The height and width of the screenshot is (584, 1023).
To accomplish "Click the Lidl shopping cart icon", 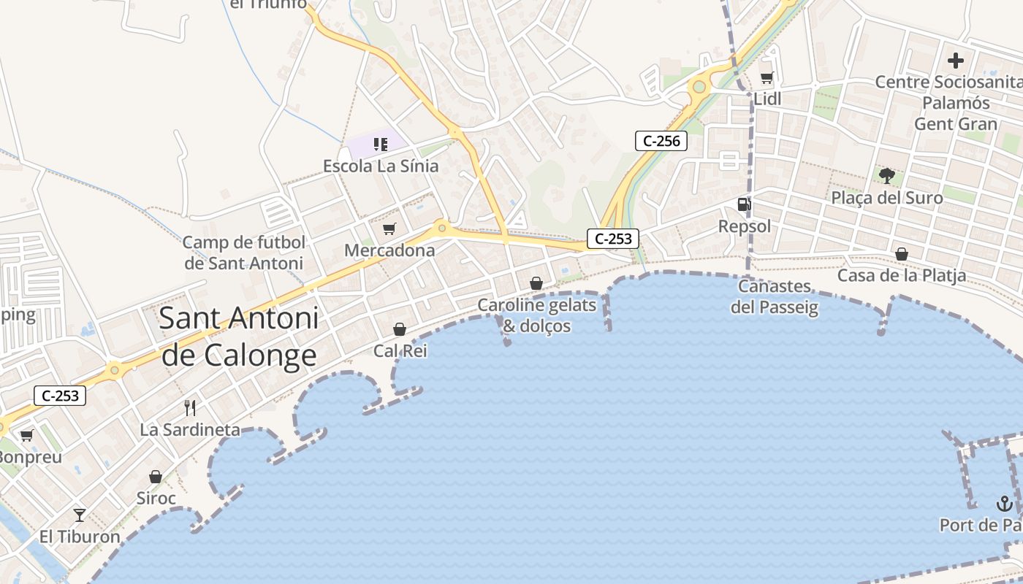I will point(767,77).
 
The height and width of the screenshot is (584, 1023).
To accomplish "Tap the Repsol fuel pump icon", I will point(744,204).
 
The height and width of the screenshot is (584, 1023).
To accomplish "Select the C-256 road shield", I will point(661,141).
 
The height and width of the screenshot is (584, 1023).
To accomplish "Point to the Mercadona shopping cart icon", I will point(389,229).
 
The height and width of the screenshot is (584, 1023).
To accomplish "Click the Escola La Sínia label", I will point(381,166).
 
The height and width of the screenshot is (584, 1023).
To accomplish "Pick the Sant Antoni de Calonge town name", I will point(239,336).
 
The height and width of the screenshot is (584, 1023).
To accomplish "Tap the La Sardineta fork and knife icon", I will point(190,407).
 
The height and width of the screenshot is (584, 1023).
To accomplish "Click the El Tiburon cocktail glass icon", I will point(80,515).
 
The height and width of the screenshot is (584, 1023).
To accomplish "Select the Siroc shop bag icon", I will point(156,477).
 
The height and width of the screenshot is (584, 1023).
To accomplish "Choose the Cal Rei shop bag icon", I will point(400,329).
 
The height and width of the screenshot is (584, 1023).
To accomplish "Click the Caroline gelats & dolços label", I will point(537,315).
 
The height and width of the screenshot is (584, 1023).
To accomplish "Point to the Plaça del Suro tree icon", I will point(887,175).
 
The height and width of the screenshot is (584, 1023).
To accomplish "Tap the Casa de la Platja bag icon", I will point(902,254).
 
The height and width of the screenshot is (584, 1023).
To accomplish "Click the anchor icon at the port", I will point(1004,503).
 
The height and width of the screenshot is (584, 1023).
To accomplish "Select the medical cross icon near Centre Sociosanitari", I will point(956,61).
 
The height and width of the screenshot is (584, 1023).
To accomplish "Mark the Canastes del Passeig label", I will point(775,296).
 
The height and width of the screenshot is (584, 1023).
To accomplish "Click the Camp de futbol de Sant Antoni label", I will point(243,253).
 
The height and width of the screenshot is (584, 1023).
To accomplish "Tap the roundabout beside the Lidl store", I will point(699,87).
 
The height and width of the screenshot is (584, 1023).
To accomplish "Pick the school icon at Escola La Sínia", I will point(381,144).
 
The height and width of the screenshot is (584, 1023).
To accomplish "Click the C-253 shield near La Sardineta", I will point(60,396).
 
